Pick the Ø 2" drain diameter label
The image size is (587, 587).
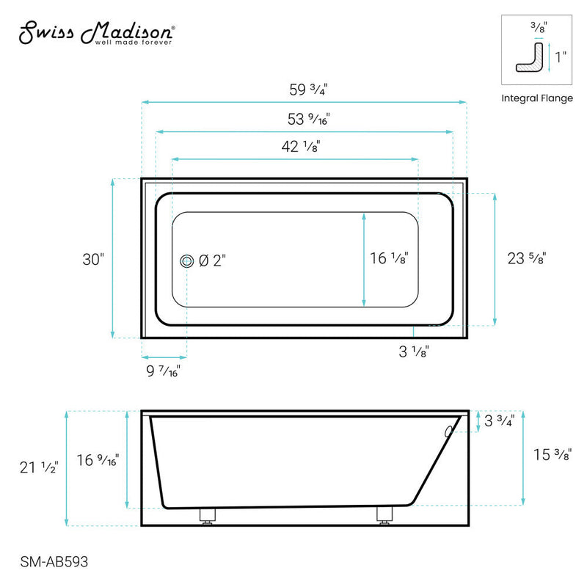click(x=213, y=260)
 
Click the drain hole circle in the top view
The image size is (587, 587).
click(x=186, y=260)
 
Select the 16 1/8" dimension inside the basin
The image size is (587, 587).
click(x=389, y=258)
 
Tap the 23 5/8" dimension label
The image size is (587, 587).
click(x=526, y=258)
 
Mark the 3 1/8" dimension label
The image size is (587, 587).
click(x=414, y=351)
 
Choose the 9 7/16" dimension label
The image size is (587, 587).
click(x=161, y=371)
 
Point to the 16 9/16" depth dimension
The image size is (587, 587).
click(x=99, y=461)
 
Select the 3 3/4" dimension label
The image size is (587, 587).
click(x=499, y=421)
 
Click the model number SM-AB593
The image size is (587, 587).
click(x=49, y=561)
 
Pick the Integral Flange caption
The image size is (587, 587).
click(x=537, y=98)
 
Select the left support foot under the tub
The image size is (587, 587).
click(x=207, y=516)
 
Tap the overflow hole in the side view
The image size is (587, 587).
click(x=449, y=431)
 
